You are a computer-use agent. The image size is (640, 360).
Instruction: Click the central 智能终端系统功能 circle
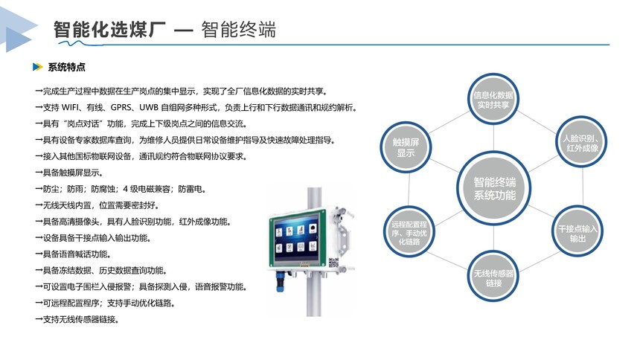click(494, 188)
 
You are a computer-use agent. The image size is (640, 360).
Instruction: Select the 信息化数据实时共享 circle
click(493, 100)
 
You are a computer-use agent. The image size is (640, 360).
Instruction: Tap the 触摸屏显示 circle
click(406, 147)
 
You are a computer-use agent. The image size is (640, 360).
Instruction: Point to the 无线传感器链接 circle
click(493, 277)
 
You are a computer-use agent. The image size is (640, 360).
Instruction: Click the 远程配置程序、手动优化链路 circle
click(409, 233)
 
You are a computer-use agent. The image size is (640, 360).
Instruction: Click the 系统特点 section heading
click(66, 67)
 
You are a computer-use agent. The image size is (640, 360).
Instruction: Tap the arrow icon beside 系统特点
click(37, 67)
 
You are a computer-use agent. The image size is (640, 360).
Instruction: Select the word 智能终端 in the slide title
click(238, 30)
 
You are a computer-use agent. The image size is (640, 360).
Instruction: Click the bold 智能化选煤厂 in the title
click(109, 30)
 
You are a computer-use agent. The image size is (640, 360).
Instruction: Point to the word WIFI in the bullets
click(71, 107)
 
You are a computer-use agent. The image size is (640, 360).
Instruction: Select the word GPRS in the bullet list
click(121, 107)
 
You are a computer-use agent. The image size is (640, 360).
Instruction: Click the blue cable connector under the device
click(281, 281)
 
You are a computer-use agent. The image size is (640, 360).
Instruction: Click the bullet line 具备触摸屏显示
click(69, 173)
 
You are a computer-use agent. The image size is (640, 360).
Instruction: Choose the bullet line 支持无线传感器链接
click(77, 320)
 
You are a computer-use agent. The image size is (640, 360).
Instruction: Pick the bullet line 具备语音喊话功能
click(73, 254)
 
